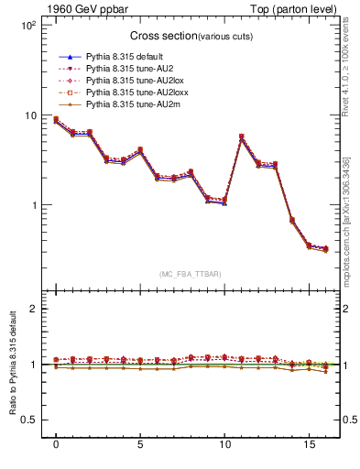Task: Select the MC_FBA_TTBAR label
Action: click(x=189, y=274)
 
